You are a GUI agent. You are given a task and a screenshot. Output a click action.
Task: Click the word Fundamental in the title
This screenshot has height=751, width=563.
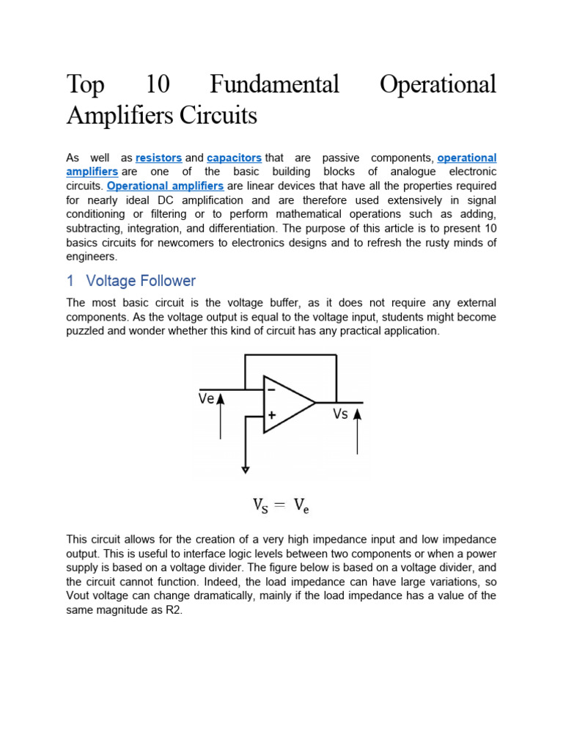(274, 84)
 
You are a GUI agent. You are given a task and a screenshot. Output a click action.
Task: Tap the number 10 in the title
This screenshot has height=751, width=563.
(158, 84)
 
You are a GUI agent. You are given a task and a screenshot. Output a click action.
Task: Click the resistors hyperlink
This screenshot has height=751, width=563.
(159, 158)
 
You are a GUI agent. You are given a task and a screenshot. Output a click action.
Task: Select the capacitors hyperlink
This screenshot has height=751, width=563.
(234, 158)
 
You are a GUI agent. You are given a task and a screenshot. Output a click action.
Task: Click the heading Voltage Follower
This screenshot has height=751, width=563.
(141, 281)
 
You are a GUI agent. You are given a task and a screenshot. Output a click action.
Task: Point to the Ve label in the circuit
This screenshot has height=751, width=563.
(206, 399)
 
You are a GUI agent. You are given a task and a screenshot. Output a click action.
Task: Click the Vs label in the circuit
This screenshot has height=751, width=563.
(340, 414)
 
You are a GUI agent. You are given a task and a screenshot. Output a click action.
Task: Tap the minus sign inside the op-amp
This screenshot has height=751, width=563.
(272, 389)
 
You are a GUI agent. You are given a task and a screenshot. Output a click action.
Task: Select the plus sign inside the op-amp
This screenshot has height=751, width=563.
(272, 415)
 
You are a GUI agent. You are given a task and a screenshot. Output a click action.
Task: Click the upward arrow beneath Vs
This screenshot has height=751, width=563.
(358, 433)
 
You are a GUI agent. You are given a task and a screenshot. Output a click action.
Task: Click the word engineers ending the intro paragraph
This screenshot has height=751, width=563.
(91, 257)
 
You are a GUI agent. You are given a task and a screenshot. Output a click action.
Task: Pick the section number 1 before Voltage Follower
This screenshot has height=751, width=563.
(70, 281)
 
